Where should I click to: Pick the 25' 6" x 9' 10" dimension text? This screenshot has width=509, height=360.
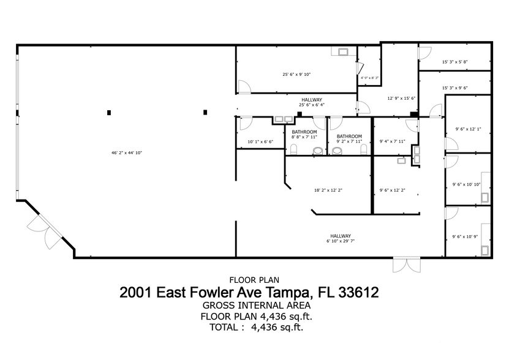pyautogui.click(x=296, y=74)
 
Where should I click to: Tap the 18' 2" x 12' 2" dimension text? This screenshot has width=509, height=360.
pyautogui.click(x=328, y=190)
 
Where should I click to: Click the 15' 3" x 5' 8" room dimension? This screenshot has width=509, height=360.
pyautogui.click(x=454, y=62)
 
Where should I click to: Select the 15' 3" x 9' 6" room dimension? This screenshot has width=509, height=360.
pyautogui.click(x=454, y=88)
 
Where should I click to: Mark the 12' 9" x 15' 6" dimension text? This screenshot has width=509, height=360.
pyautogui.click(x=401, y=98)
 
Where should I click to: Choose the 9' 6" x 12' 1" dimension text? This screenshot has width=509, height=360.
pyautogui.click(x=468, y=129)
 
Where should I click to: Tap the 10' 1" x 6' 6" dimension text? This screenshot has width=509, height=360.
pyautogui.click(x=260, y=141)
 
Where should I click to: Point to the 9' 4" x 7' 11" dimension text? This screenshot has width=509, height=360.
pyautogui.click(x=393, y=141)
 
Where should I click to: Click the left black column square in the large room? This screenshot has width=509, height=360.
pyautogui.click(x=109, y=112)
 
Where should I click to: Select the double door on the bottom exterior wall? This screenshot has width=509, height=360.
pyautogui.click(x=407, y=264)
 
